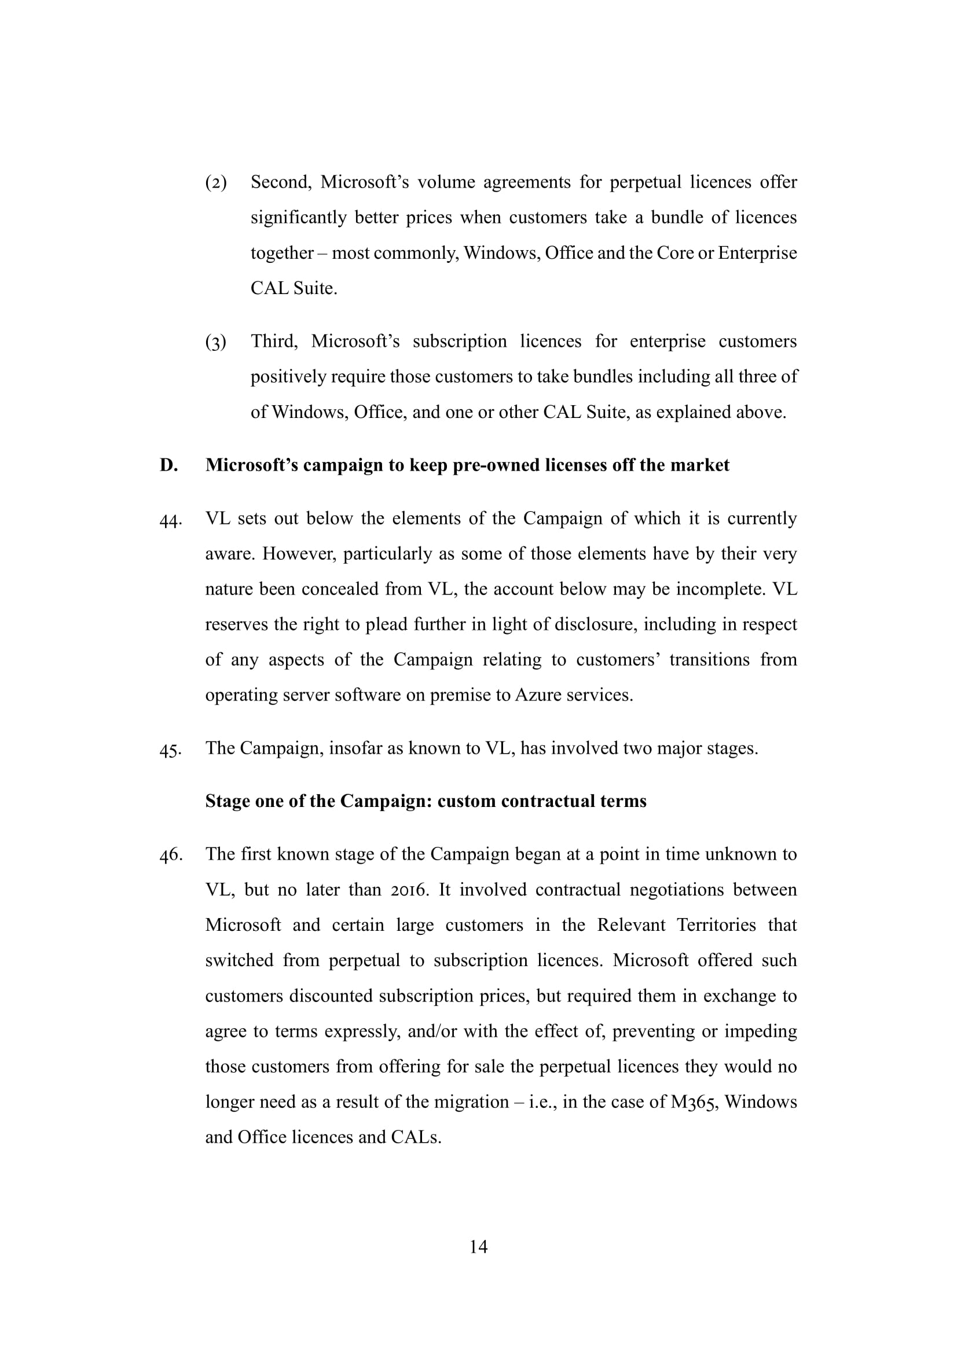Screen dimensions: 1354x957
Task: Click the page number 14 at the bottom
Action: point(478,1246)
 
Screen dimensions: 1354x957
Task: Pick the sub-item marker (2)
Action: point(216,183)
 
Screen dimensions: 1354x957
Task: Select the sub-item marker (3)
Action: point(216,342)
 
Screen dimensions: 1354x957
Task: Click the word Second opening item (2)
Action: point(281,182)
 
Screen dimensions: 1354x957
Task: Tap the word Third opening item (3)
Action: point(274,342)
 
